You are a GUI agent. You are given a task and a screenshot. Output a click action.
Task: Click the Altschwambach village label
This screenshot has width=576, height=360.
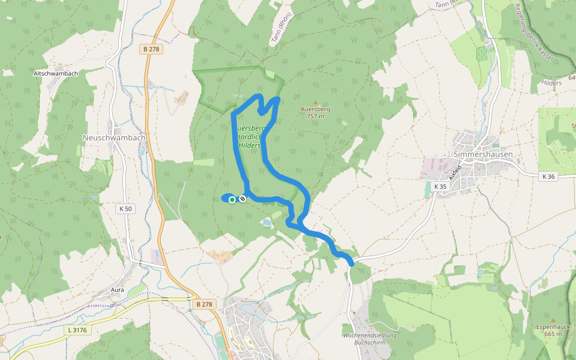click(x=56, y=73)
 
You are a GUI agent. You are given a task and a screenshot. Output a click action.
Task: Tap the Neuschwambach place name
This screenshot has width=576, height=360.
click(x=113, y=137)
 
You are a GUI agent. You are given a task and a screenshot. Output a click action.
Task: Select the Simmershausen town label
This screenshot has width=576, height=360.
click(x=483, y=154)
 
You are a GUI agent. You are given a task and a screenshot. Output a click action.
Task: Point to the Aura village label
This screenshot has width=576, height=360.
click(x=117, y=290)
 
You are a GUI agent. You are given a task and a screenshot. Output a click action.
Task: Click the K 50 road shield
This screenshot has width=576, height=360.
click(x=125, y=209)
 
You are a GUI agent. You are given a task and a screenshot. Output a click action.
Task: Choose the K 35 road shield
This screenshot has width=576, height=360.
click(x=440, y=187)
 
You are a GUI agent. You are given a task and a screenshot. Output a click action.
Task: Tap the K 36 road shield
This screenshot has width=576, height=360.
click(x=548, y=176)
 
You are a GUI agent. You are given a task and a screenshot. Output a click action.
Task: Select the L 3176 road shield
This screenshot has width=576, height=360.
click(x=77, y=329)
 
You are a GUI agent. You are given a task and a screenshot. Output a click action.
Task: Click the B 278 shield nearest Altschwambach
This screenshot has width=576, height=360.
click(x=152, y=49)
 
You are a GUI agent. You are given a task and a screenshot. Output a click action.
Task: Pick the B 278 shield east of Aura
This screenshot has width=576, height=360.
click(x=205, y=304)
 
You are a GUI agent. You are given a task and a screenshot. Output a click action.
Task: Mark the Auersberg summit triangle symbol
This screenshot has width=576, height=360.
click(x=315, y=103)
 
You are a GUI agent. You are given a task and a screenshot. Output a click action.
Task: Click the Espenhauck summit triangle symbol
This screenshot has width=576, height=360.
click(x=553, y=320)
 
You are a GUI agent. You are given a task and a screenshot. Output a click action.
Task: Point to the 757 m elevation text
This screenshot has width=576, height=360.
click(x=316, y=116)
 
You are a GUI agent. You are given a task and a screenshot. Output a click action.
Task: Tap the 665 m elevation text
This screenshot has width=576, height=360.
click(x=553, y=334)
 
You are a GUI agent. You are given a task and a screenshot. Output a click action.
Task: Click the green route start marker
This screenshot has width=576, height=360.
click(x=232, y=200)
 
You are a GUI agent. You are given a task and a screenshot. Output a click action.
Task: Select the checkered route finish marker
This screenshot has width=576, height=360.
click(x=242, y=199)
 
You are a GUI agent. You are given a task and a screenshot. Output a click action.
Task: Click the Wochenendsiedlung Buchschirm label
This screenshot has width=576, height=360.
click(x=368, y=338)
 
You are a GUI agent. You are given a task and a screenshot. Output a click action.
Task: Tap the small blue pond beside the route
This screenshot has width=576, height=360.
click(x=265, y=223)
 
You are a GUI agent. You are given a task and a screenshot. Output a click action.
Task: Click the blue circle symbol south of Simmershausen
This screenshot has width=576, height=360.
click(x=481, y=272)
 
